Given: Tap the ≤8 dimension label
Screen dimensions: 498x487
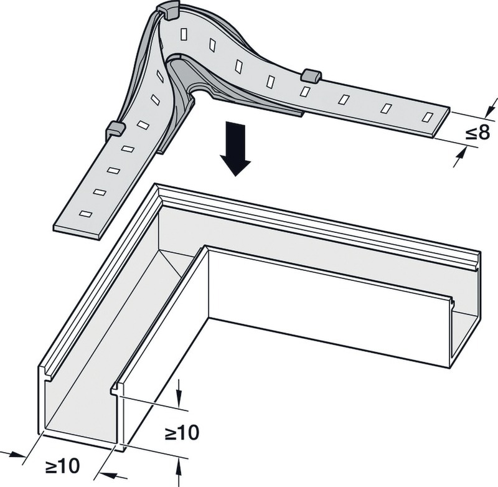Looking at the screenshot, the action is coord(477,133).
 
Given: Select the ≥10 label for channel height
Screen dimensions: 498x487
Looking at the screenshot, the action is coord(182,432).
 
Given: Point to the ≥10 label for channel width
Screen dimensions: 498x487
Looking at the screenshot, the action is coord(62,466).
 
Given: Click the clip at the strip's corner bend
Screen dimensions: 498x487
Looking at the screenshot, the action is coord(167,11).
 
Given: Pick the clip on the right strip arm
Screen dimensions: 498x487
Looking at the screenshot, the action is coord(311,75).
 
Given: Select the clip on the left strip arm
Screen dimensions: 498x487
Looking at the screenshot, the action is coord(115,129).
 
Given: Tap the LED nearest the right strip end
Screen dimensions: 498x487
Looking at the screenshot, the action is coord(428,117).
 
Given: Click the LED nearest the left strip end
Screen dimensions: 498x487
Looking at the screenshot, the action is coord(86,214).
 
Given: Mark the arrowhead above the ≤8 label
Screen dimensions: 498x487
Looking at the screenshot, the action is coord(491,108).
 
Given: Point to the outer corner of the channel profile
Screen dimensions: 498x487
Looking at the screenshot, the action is coord(156,184).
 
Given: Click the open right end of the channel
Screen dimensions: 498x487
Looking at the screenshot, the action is coord(465,321).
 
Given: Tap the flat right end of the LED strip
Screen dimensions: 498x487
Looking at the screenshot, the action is coord(441,122).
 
